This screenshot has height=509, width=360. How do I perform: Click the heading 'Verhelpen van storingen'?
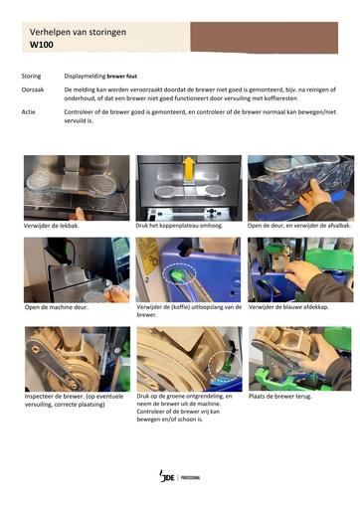click(x=78, y=32)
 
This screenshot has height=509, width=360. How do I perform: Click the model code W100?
click(x=42, y=45)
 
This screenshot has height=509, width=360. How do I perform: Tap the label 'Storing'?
click(x=31, y=77)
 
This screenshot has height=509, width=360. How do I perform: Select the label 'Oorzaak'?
click(x=33, y=89)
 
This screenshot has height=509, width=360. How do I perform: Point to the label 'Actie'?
click(x=28, y=112)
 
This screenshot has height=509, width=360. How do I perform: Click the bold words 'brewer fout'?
click(x=121, y=77)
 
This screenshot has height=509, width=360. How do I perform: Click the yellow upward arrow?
click(x=189, y=168)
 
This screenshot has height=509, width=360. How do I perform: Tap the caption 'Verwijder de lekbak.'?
click(x=52, y=226)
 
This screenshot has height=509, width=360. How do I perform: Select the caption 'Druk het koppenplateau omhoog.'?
click(x=179, y=226)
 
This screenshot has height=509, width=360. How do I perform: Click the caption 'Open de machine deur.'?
click(x=57, y=307)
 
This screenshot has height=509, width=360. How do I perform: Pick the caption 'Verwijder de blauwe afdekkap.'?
click(x=288, y=307)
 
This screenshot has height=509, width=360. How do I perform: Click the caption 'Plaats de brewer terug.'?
click(x=280, y=396)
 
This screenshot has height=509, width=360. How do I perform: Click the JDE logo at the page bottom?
click(x=167, y=476)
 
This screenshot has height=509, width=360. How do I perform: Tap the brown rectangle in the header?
click(x=265, y=38)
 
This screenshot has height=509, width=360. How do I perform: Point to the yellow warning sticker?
click(x=149, y=255)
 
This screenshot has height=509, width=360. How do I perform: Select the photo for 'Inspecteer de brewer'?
click(x=78, y=359)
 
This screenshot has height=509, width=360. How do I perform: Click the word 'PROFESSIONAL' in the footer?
click(x=190, y=477)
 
